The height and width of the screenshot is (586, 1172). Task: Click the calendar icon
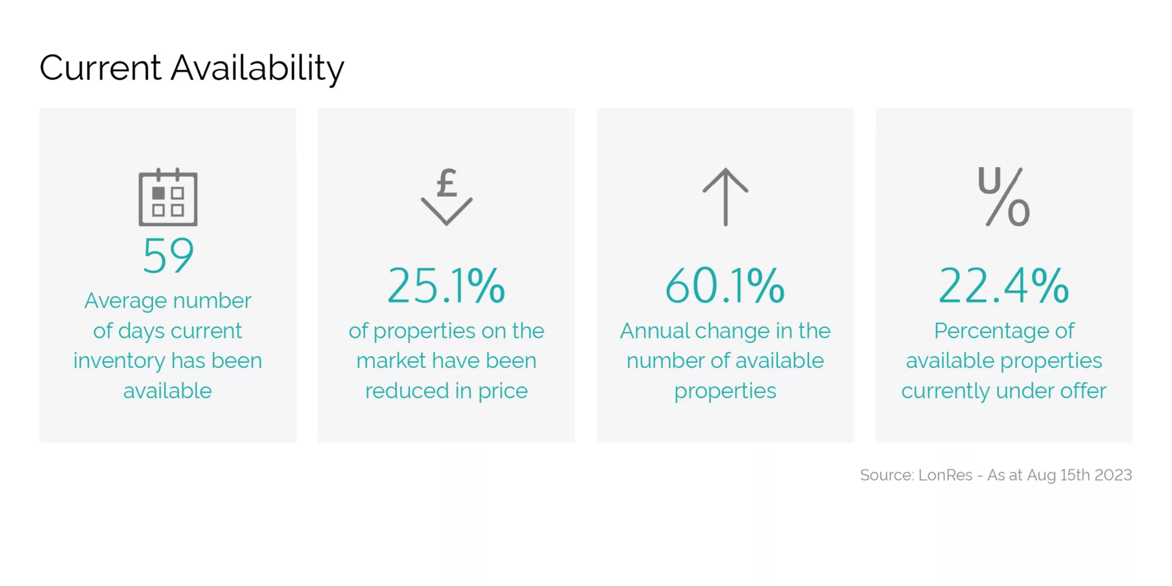click(168, 197)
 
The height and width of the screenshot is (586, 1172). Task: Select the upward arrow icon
click(725, 197)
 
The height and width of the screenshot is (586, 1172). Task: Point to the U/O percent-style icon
click(1004, 197)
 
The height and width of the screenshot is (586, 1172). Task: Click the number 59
click(168, 255)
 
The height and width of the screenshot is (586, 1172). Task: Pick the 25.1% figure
click(446, 286)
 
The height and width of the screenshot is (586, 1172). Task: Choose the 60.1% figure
click(725, 286)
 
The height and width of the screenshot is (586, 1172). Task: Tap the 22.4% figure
click(1004, 286)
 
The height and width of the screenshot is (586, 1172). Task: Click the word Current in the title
click(100, 68)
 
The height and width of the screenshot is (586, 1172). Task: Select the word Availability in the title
click(257, 69)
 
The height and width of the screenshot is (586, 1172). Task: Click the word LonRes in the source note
click(945, 475)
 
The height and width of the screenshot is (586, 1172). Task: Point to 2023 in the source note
click(1113, 475)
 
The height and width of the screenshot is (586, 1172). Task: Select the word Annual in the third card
click(655, 331)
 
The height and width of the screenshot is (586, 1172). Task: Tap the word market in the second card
click(391, 361)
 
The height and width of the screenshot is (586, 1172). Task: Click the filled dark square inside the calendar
click(158, 193)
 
